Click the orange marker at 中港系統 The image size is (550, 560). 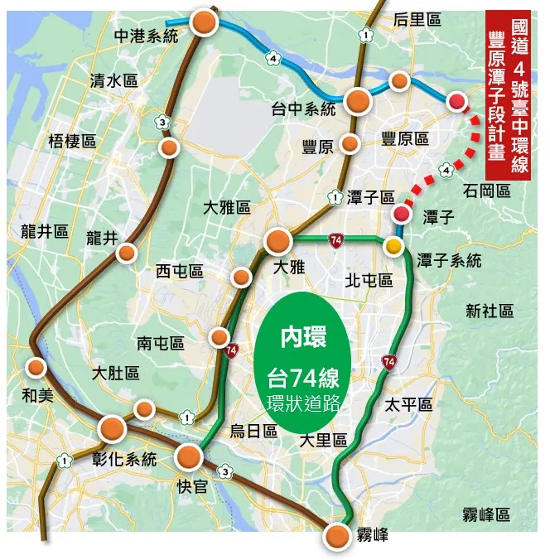(204, 23)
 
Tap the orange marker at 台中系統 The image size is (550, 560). (359, 101)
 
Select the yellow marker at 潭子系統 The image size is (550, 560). (393, 246)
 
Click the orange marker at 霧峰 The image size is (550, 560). (336, 535)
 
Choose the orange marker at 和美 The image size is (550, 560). (36, 367)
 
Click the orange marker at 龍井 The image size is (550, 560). (127, 253)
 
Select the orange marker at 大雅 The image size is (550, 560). (277, 242)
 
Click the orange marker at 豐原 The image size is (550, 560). (350, 144)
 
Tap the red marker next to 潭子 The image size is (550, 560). (402, 215)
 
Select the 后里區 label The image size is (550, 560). (417, 18)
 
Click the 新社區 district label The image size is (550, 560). (490, 311)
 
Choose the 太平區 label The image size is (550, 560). (409, 404)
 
